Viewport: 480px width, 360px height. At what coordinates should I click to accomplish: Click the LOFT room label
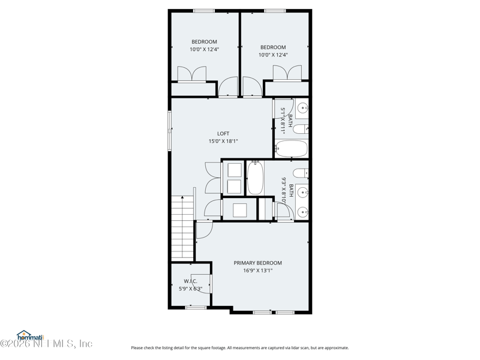223,134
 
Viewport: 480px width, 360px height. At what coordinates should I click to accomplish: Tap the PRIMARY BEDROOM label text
257,263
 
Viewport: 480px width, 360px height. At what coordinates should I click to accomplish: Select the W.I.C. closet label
190,281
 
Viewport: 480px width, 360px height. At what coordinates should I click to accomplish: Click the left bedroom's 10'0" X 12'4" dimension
204,49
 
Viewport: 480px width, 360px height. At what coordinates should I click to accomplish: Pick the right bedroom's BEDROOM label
273,47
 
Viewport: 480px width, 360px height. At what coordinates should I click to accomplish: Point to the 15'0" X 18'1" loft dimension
223,142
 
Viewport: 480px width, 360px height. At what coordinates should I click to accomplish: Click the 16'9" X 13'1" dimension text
257,271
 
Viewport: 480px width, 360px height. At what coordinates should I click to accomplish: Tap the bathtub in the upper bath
291,148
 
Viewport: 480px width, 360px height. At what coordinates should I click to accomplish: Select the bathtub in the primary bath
254,178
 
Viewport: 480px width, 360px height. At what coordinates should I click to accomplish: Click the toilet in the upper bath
301,129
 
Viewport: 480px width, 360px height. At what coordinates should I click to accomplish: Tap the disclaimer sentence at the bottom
239,348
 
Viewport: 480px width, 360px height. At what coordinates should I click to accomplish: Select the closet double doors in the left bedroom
192,74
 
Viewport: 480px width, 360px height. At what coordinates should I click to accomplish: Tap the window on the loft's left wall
169,129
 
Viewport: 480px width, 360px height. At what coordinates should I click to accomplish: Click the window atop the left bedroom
204,10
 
